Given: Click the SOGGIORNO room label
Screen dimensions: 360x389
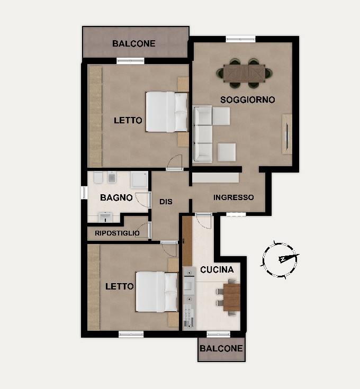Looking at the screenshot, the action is [x=248, y=99].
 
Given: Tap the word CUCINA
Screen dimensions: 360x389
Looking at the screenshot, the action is [x=217, y=270].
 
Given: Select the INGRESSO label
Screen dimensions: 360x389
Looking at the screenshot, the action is [x=233, y=197].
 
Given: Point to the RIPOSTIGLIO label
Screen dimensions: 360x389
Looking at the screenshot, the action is [x=117, y=233].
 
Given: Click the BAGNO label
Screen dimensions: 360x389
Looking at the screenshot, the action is [x=116, y=198].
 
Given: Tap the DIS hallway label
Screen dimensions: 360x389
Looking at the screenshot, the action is [x=166, y=202].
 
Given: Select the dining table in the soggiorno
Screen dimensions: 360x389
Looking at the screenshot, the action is [x=244, y=73].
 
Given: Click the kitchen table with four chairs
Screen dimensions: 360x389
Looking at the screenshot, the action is [x=229, y=297].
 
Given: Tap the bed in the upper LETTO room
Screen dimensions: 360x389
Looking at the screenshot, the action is [x=167, y=112].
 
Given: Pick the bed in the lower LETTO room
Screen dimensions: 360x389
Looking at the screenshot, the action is [x=157, y=292].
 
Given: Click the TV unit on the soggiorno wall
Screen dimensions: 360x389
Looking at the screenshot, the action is [x=287, y=134].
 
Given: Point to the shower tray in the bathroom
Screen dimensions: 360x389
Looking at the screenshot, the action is [x=139, y=179].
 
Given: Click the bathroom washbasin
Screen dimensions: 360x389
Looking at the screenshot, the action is [x=105, y=217].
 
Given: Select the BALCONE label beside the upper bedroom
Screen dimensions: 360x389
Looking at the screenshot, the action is [x=134, y=43].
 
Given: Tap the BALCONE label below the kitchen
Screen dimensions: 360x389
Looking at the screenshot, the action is [x=221, y=349].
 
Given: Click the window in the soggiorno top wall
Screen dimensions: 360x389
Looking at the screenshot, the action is [x=240, y=39].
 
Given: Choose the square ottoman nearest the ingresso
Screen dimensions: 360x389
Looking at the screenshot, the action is [x=227, y=152].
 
